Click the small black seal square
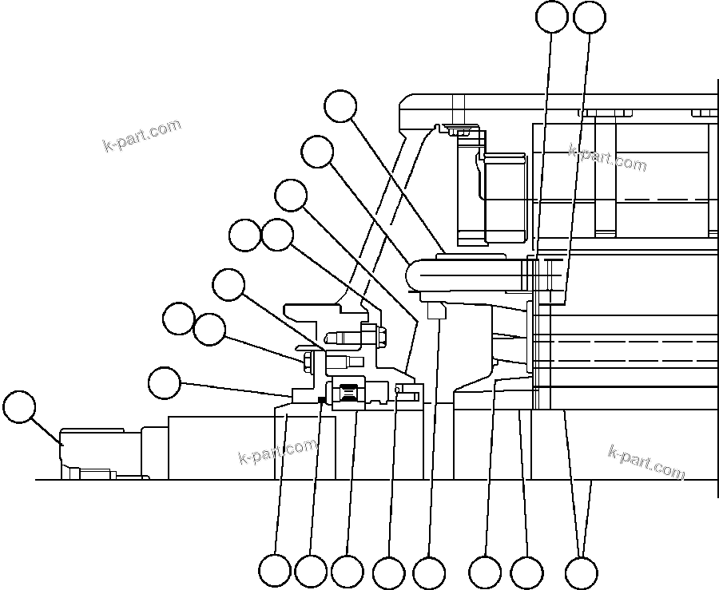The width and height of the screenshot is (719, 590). point(321,399)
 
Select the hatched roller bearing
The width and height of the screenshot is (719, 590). point(348,393)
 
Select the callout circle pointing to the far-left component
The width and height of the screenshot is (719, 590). point(19,407)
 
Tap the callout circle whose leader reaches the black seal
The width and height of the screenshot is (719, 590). point(311,572)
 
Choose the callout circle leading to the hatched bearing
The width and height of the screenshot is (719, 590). point(347,572)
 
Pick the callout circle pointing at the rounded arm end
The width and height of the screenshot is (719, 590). point(319,152)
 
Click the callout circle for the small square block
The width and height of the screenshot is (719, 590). point(429,572)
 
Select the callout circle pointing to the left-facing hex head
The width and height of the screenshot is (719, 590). point(210,329)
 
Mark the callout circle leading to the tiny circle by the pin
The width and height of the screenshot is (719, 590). point(389,572)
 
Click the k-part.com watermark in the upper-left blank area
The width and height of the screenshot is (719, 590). point(142,135)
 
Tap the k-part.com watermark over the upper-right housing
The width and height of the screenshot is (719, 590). point(607,157)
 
